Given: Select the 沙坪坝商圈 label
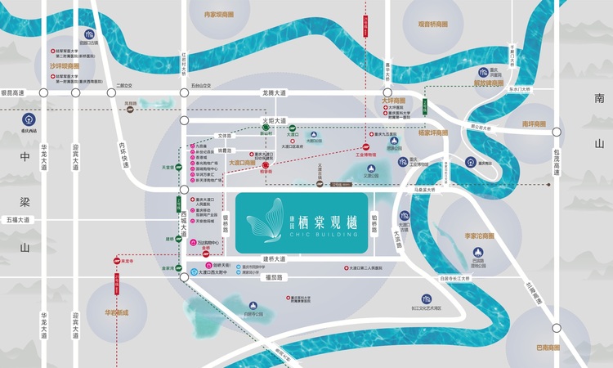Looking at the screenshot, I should click(65, 65).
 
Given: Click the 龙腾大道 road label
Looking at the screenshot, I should click(275, 93).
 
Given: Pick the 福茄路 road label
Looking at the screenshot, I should click(273, 278).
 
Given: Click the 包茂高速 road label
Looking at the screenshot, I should click(556, 163).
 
